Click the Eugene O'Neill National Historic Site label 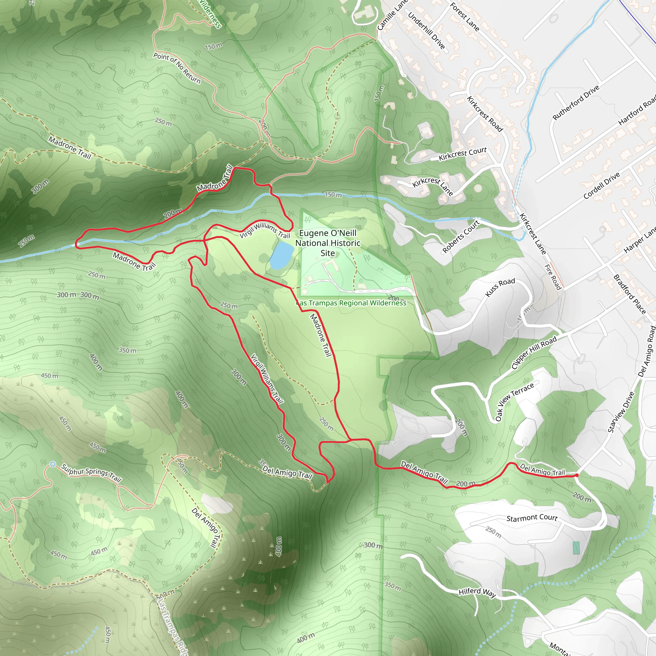328,243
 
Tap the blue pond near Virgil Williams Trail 282,255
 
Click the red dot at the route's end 577,475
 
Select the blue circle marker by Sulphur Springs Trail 53,464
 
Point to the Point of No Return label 177,68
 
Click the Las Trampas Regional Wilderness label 351,303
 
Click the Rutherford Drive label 576,102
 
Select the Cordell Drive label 601,185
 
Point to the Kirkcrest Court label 463,154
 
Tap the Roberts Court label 460,236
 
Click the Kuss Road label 500,287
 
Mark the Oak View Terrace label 514,401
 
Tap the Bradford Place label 629,294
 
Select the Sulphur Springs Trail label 91,473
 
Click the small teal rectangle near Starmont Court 576,548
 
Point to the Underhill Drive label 426,30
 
